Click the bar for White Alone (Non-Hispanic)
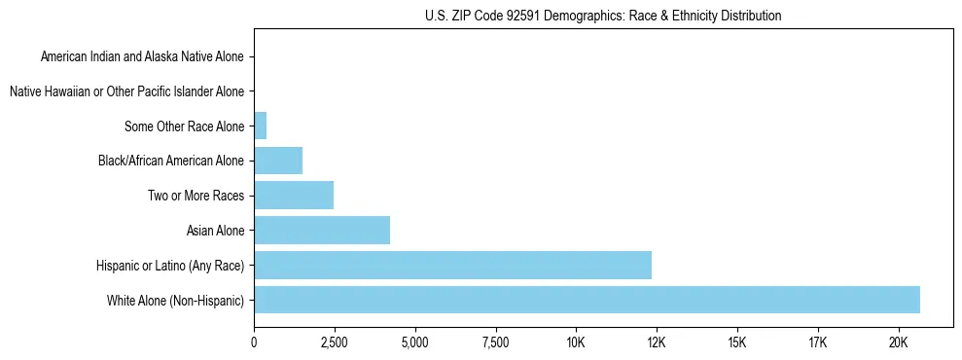point(587,300)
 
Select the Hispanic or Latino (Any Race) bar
point(452,265)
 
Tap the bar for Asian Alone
point(322,231)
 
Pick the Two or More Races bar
point(294,196)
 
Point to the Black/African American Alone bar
point(278,161)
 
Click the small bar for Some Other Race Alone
point(260,126)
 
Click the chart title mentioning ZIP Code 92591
point(603,16)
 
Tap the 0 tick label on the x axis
point(254,342)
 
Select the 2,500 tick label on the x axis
point(335,342)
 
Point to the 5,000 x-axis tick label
point(414,342)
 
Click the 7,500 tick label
point(495,342)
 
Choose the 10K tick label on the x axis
point(576,342)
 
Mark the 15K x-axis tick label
point(736,342)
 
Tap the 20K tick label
point(898,342)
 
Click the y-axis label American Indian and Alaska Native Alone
point(143,56)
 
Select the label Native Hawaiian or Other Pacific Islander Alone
point(126,91)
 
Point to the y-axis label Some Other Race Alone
point(185,126)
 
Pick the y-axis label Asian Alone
point(216,231)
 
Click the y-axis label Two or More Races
point(196,196)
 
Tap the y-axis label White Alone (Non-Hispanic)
point(176,301)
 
